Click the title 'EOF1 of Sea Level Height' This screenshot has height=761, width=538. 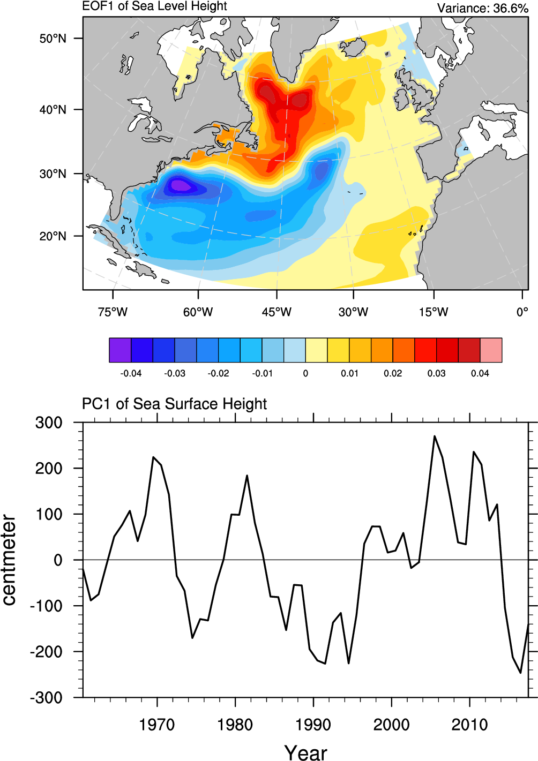pos(154,6)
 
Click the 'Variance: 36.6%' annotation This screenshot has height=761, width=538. pos(482,8)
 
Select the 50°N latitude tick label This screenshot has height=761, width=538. pos(53,39)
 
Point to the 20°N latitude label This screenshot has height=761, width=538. pos(53,236)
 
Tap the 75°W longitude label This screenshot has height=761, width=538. pos(113,312)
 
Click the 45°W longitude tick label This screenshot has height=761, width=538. pos(277,312)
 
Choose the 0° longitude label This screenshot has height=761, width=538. pos(522,312)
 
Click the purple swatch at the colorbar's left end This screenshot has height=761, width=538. pos(120,350)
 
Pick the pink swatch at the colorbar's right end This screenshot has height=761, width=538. pos(491,350)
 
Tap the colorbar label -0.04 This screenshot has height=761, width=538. pos(131,373)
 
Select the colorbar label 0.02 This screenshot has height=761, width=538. pos(393,373)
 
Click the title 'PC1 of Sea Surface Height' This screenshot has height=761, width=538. pos(174,404)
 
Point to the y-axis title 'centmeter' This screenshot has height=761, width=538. pos(9,560)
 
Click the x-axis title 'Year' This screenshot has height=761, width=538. pos(305,752)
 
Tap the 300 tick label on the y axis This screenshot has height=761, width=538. pos(49,423)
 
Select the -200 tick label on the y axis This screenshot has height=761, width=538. pos(46,652)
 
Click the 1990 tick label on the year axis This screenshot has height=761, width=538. pos(313,725)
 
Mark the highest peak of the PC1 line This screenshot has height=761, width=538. pos(435,436)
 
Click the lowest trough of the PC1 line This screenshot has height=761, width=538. pos(520,673)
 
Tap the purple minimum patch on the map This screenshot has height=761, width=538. pos(180,186)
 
